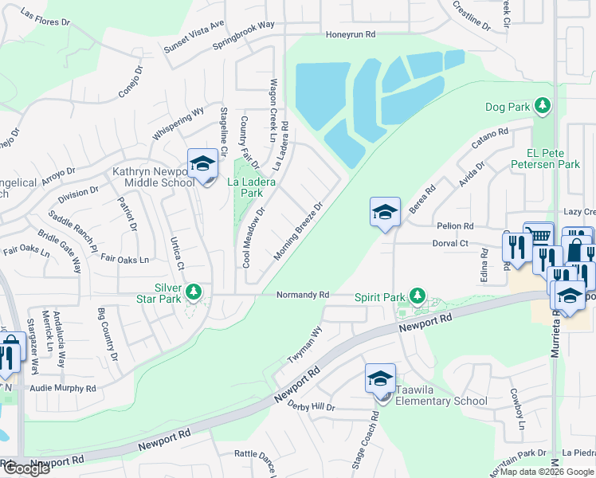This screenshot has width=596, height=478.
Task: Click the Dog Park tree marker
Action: [543, 106]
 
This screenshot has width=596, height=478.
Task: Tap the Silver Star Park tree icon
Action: [193, 293]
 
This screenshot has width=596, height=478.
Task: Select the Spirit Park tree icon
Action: [415, 296]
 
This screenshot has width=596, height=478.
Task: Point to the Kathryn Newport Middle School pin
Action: [202, 165]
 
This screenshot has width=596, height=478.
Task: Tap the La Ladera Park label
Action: [252, 187]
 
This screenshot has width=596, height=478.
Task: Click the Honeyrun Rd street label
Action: [351, 35]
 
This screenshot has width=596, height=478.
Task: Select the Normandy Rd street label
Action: [303, 295]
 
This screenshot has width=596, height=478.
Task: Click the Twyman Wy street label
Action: [305, 343]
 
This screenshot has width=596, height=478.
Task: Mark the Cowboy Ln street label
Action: [517, 409]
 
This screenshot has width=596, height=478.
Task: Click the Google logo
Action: [26, 468]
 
